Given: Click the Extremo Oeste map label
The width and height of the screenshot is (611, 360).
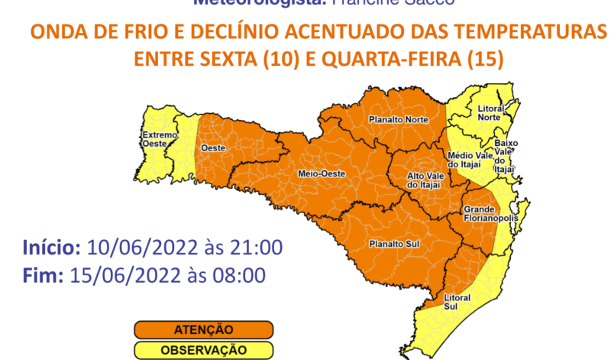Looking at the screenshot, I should click(x=159, y=139).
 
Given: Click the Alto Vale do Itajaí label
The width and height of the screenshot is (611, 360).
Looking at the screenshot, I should click(x=422, y=180).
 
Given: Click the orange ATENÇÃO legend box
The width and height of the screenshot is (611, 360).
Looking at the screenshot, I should click(x=204, y=329).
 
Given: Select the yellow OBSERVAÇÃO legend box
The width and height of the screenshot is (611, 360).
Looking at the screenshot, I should click(x=204, y=350).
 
